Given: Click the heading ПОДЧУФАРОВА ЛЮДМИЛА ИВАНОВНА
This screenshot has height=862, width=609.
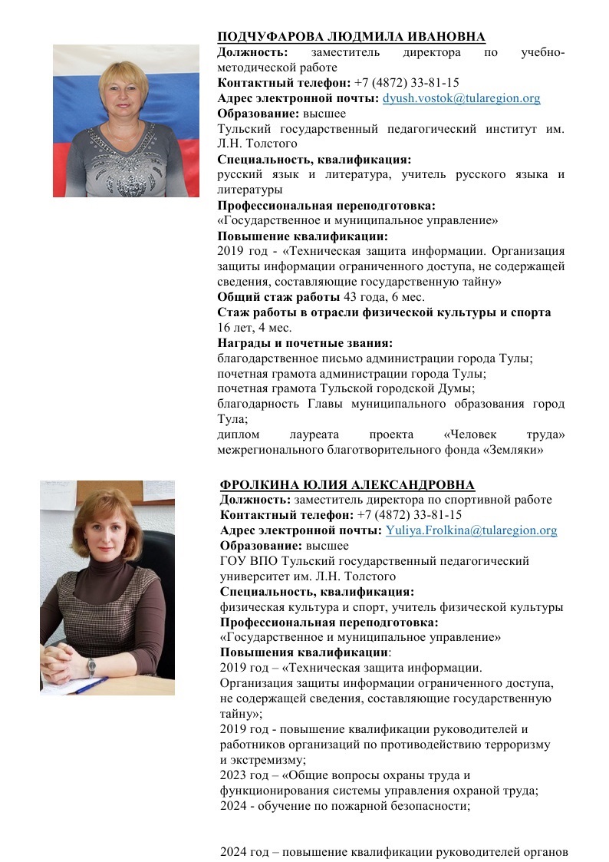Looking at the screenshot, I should click(351, 38).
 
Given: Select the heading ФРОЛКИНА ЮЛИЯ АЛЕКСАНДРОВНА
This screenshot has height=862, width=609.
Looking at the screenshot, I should click(347, 484).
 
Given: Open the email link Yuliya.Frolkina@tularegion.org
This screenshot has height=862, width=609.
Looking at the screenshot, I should click(471, 530).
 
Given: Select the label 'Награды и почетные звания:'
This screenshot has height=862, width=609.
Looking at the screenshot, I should click(304, 342).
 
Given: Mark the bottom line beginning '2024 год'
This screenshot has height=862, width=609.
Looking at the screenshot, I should click(393, 852).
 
